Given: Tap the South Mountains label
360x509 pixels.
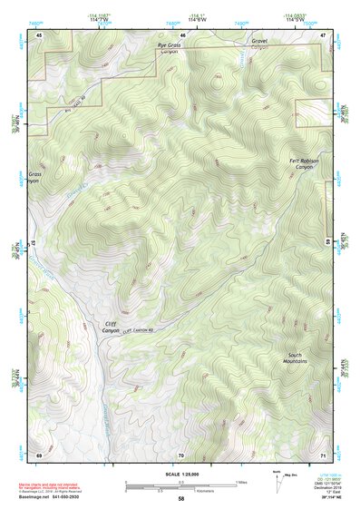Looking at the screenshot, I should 296,357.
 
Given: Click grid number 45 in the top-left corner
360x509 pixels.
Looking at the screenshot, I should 38,34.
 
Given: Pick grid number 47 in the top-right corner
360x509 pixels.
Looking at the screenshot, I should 324,34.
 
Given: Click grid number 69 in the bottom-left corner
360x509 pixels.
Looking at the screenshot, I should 38,454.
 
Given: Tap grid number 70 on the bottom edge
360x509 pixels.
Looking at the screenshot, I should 181,454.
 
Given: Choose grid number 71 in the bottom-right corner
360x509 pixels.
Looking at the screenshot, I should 324,454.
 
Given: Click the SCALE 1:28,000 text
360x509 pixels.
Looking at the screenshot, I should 180,473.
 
